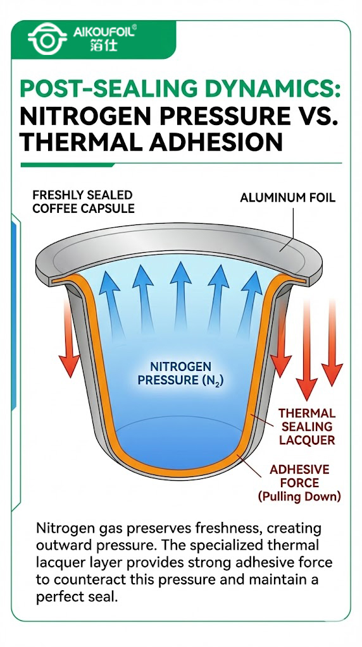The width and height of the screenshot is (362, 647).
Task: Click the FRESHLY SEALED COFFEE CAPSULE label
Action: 84,202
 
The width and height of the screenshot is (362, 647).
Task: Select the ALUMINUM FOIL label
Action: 287,198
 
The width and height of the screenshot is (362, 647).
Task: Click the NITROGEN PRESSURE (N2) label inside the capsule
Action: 180,373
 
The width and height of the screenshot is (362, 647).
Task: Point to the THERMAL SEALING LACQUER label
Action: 308,426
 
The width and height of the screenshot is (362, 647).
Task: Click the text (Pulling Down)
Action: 299,497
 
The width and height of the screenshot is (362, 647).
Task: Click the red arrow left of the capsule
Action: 68,335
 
